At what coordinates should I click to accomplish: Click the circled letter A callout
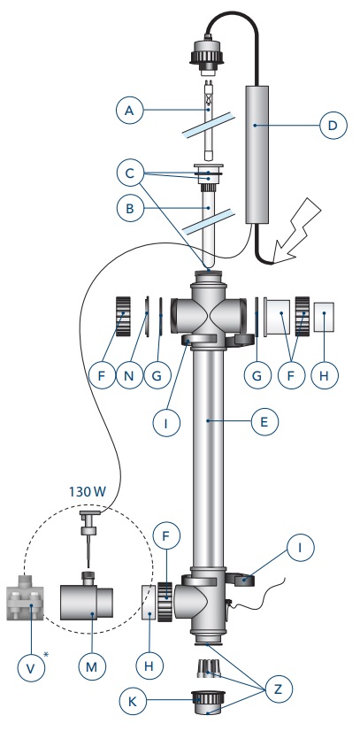point(129,111)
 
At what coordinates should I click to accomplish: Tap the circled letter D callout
point(333,126)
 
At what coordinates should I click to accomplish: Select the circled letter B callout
point(129,208)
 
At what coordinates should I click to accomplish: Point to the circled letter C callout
point(129,173)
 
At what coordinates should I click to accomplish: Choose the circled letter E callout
point(264,422)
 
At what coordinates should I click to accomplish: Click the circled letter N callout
point(129,375)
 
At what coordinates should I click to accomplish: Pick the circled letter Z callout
point(278,689)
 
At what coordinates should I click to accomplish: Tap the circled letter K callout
point(133,701)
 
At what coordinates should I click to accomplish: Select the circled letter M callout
point(91,666)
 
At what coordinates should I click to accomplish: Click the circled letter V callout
point(31,668)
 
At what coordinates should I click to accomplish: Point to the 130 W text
point(87,491)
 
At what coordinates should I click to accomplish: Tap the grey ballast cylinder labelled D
point(257,154)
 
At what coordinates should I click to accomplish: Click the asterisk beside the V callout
point(46,655)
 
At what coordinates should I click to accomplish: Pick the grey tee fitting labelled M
point(87,600)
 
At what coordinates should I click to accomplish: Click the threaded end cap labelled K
point(208,704)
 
